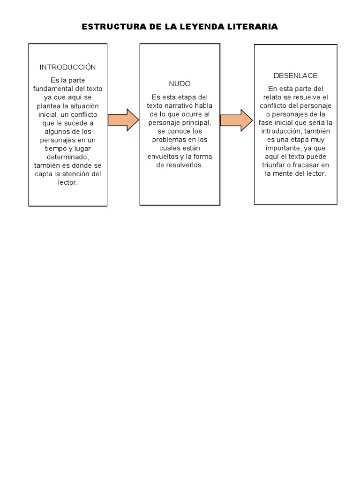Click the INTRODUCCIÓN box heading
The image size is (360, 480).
click(x=67, y=67)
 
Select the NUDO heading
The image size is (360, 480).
click(x=180, y=84)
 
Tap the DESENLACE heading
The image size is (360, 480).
click(x=295, y=75)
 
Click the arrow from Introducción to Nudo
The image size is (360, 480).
click(x=123, y=120)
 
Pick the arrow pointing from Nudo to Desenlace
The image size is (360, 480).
click(x=236, y=120)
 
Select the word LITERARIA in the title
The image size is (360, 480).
click(x=254, y=27)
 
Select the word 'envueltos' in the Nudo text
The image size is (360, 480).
click(x=163, y=157)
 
